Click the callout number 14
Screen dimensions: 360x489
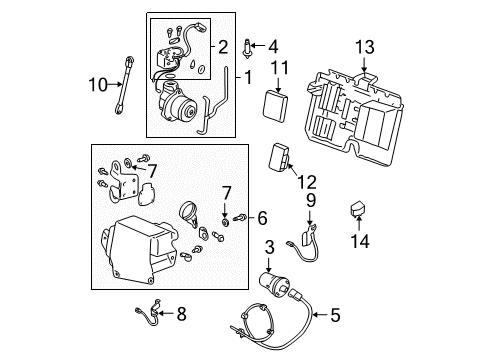pyautogui.click(x=263, y=216)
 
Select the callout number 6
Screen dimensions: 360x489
pyautogui.click(x=263, y=216)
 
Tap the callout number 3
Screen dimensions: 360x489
pyautogui.click(x=268, y=246)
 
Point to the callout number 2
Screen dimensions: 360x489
pyautogui.click(x=223, y=46)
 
